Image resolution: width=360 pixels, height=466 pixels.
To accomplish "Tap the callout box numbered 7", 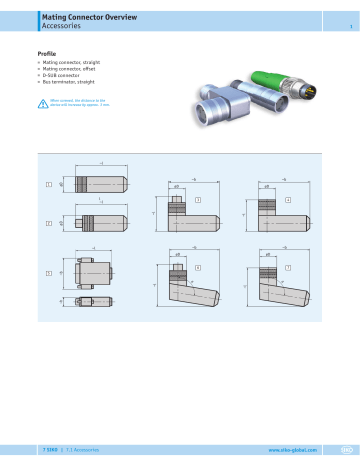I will point(287,268).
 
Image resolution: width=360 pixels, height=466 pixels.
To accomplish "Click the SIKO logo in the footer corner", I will point(345,450).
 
